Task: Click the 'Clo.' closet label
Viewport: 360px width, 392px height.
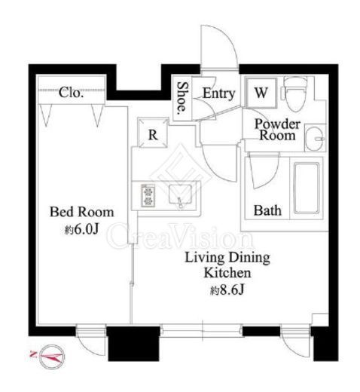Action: (x=71, y=93)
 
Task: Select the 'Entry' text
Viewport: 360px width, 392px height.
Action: (x=218, y=93)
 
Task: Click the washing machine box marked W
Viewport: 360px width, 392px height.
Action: (x=261, y=93)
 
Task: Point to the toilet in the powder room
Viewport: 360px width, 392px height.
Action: (x=295, y=93)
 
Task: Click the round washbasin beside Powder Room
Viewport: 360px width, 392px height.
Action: (x=315, y=139)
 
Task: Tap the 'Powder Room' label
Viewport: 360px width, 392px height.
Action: (x=277, y=130)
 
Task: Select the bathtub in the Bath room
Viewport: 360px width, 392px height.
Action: (x=307, y=188)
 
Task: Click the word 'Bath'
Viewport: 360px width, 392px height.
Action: (x=267, y=210)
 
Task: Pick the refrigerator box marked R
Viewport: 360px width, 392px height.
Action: (x=153, y=133)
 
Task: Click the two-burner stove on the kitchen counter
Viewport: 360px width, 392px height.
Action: (x=148, y=196)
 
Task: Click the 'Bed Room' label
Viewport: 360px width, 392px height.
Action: (x=81, y=212)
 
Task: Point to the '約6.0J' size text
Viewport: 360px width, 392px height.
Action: (x=81, y=229)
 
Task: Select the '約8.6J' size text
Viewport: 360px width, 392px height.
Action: (x=227, y=290)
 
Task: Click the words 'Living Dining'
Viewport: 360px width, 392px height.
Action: (x=227, y=258)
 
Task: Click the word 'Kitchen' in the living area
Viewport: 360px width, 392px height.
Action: (x=227, y=273)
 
